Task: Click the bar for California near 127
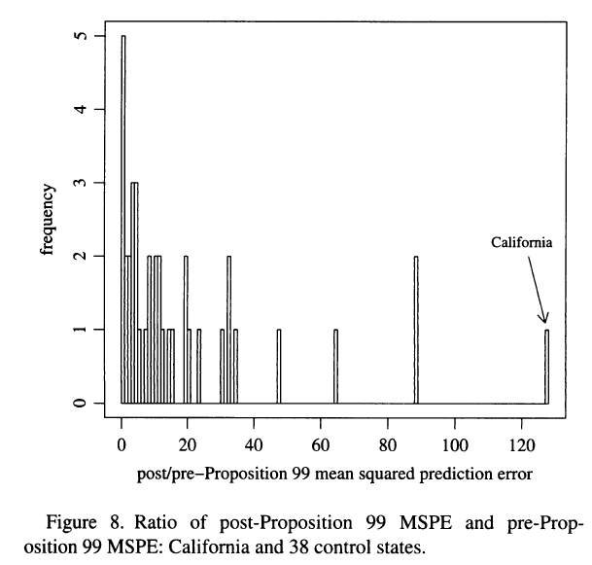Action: pyautogui.click(x=546, y=367)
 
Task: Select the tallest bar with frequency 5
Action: pyautogui.click(x=123, y=219)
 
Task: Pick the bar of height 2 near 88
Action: pyautogui.click(x=416, y=330)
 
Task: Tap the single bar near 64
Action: pyautogui.click(x=335, y=367)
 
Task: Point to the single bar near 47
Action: pyautogui.click(x=279, y=367)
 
